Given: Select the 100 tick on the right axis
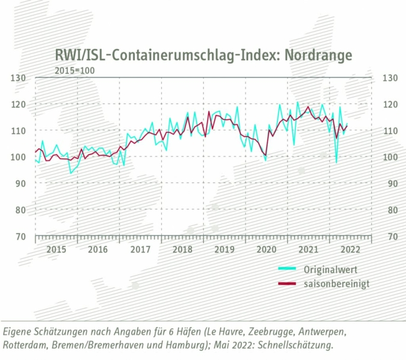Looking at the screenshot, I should [x=386, y=157].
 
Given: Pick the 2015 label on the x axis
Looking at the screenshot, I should [x=56, y=249].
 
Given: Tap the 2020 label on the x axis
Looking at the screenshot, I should [x=266, y=249].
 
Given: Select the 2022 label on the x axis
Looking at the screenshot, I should [x=351, y=249].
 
